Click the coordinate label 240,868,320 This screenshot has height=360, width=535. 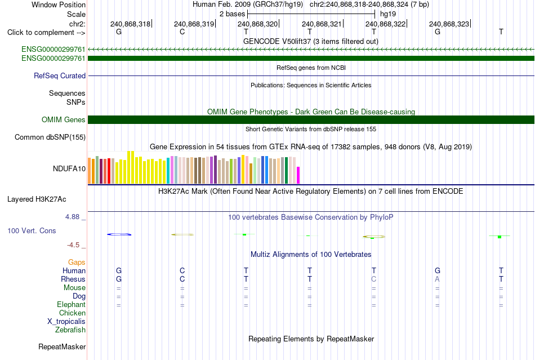(257, 24)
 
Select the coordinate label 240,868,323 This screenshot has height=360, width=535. (449, 24)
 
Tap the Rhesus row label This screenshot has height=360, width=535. (73, 279)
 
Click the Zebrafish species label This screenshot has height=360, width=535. (70, 330)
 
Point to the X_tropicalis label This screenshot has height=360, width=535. (66, 322)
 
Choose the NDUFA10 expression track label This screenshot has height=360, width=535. (69, 168)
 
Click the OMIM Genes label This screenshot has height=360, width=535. (64, 120)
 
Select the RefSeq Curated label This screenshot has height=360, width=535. (60, 75)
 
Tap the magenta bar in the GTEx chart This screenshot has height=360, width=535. (298, 175)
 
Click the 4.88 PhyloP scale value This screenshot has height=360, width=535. (72, 217)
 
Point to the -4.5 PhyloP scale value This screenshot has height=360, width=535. (73, 245)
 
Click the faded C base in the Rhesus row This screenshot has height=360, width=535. (373, 279)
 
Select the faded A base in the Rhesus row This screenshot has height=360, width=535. (437, 279)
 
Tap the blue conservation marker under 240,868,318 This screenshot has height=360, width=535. (119, 234)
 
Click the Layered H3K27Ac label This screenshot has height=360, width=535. (37, 199)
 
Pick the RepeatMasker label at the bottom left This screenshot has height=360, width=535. (62, 346)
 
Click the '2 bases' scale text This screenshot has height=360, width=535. (232, 14)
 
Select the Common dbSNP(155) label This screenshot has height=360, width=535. (50, 137)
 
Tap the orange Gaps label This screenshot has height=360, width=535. (77, 262)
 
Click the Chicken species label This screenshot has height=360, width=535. (72, 313)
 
